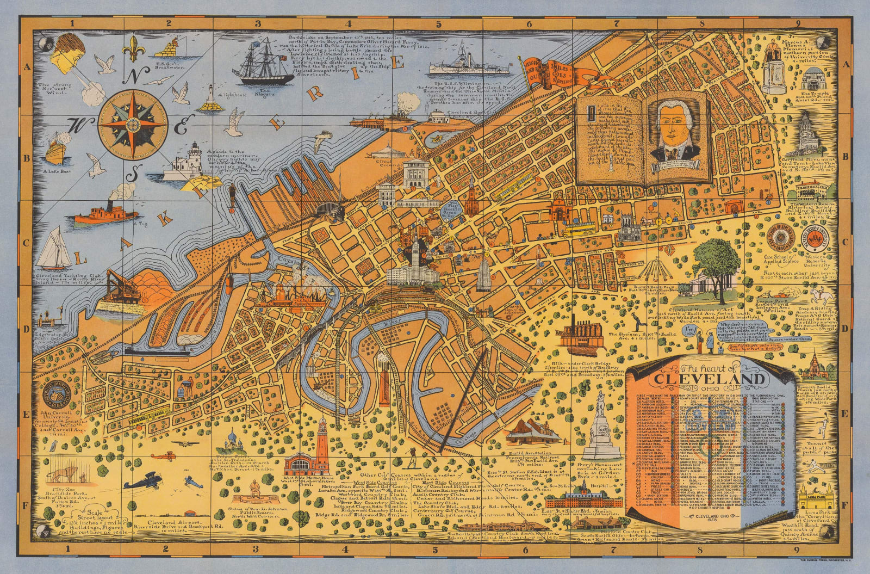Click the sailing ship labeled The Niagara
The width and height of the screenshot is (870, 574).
coord(260,64)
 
